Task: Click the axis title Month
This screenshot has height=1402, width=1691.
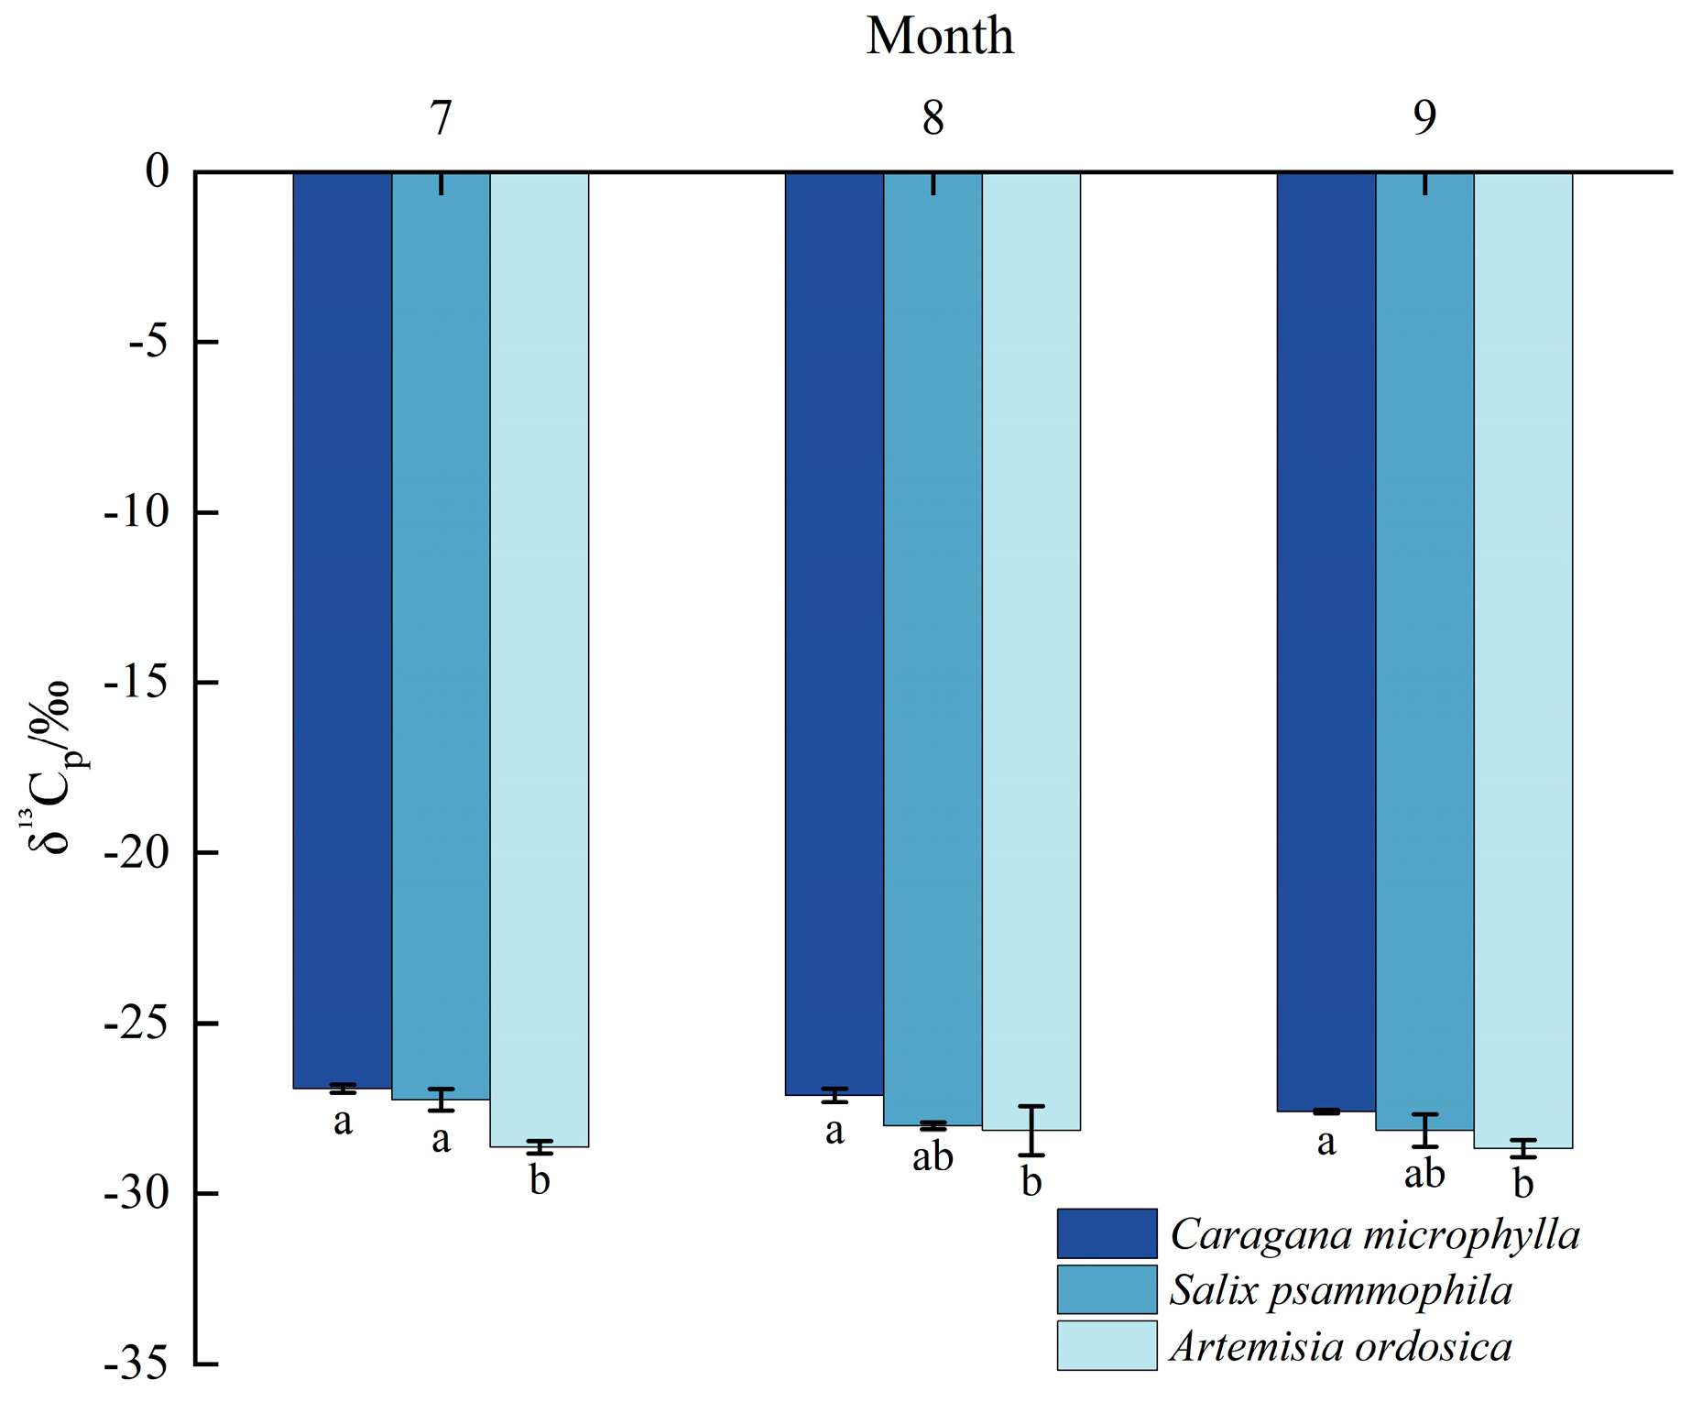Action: [940, 37]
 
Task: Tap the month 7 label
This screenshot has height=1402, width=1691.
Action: [441, 117]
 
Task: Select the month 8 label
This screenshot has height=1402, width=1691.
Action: [933, 117]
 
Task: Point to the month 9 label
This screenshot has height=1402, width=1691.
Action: [1424, 117]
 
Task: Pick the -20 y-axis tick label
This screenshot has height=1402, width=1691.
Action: [136, 852]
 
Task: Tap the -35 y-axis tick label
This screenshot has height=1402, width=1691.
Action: [136, 1364]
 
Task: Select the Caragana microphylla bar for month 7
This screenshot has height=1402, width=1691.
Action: [343, 630]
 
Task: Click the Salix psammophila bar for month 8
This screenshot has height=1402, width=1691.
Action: [933, 648]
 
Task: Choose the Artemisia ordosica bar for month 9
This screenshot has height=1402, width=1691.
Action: [1523, 660]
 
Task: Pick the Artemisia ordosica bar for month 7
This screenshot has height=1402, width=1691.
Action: [540, 659]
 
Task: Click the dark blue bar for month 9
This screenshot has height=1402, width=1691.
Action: [1326, 641]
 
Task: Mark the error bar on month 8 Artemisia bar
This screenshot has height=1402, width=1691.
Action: [1031, 1131]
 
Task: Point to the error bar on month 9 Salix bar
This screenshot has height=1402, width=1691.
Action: [1424, 1131]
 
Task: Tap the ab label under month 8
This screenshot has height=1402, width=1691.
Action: [933, 1156]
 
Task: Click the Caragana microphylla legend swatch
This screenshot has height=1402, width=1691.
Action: [1107, 1233]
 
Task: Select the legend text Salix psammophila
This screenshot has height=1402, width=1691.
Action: [1341, 1290]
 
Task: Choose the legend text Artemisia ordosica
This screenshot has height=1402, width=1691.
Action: [1341, 1346]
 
